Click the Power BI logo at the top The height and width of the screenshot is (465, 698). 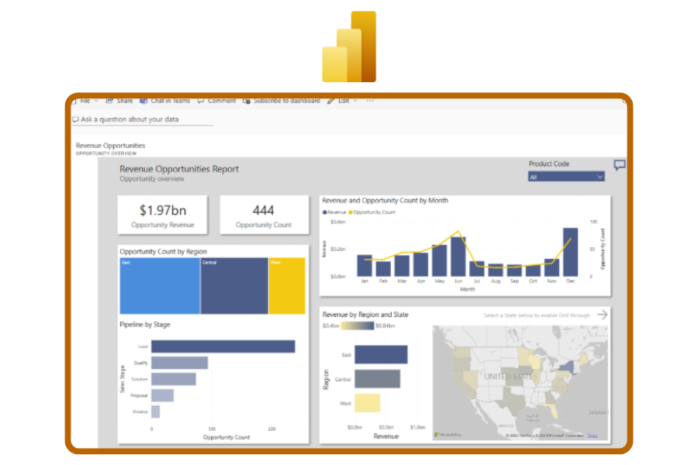tap(349, 46)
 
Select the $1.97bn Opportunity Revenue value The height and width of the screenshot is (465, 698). tap(162, 210)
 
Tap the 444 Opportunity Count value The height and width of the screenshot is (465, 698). tap(264, 210)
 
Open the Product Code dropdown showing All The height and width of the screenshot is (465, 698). tap(566, 177)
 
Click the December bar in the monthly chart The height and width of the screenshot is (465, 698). tap(570, 252)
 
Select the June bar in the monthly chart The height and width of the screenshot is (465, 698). tap(458, 257)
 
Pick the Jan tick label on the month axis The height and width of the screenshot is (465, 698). tap(364, 281)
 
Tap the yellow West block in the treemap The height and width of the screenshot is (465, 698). tap(287, 287)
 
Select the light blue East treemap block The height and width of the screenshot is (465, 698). tap(160, 287)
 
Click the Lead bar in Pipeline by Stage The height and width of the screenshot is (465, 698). tap(223, 346)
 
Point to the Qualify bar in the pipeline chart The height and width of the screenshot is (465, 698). tap(179, 363)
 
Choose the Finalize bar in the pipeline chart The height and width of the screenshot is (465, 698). tap(155, 412)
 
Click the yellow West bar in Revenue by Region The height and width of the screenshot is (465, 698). tap(368, 403)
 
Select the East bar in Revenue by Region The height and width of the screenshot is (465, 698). tap(381, 355)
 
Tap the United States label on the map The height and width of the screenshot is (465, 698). tap(510, 377)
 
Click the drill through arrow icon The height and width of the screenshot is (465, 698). tap(603, 315)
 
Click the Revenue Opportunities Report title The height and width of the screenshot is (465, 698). tap(179, 169)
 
